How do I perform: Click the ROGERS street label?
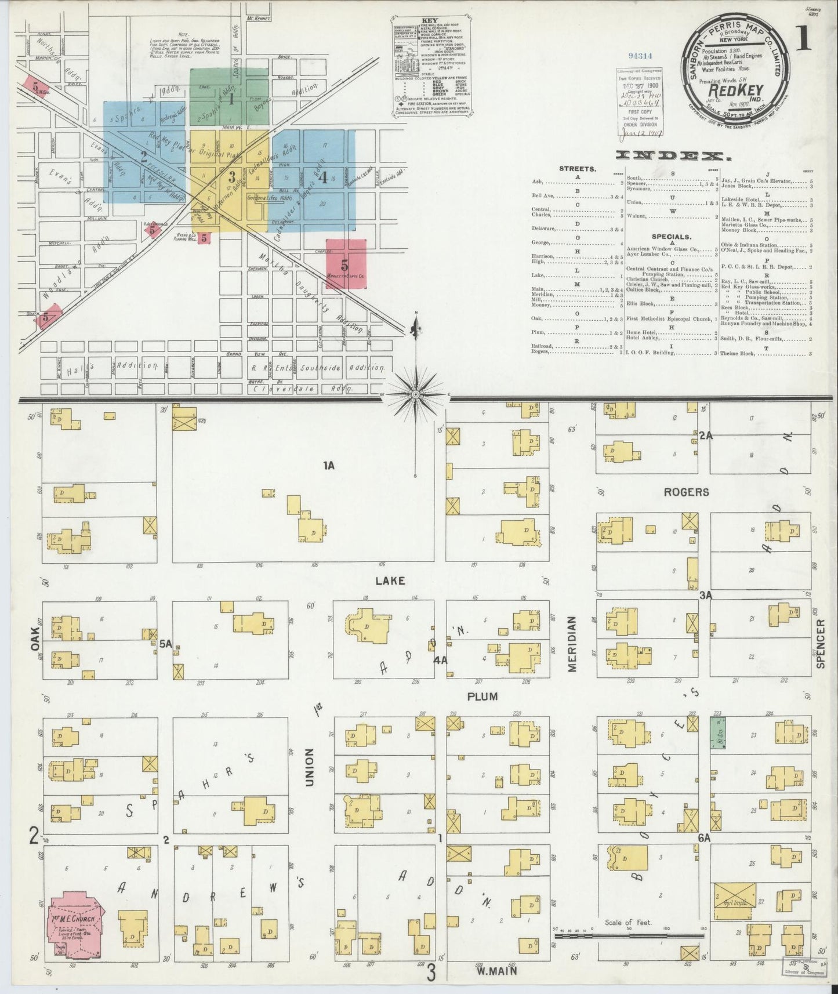tap(687, 492)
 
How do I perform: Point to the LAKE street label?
tap(390, 581)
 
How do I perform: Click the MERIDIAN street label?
tap(573, 644)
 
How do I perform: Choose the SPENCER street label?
tap(820, 644)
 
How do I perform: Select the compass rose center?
tap(416, 394)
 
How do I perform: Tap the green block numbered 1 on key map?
tap(230, 99)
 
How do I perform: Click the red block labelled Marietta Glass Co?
tap(346, 264)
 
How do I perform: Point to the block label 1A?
tap(330, 465)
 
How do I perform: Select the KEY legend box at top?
tap(431, 70)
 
